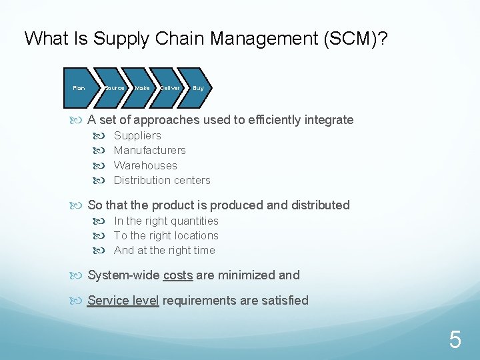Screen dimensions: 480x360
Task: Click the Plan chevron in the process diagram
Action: [x=79, y=88]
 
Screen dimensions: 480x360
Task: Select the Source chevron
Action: [x=115, y=88]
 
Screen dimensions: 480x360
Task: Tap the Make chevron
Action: [x=142, y=88]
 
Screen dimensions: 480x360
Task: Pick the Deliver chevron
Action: [x=170, y=88]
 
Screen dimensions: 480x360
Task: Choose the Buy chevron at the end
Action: [x=197, y=88]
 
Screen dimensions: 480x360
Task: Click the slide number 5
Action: [x=455, y=341]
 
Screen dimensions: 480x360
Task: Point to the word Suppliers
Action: [x=137, y=135]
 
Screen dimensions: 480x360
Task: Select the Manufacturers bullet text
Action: [x=150, y=150]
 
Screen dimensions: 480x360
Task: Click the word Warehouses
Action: [x=145, y=165]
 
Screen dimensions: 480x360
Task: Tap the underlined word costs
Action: [x=178, y=275]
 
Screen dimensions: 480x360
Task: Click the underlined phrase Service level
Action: [x=123, y=300]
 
